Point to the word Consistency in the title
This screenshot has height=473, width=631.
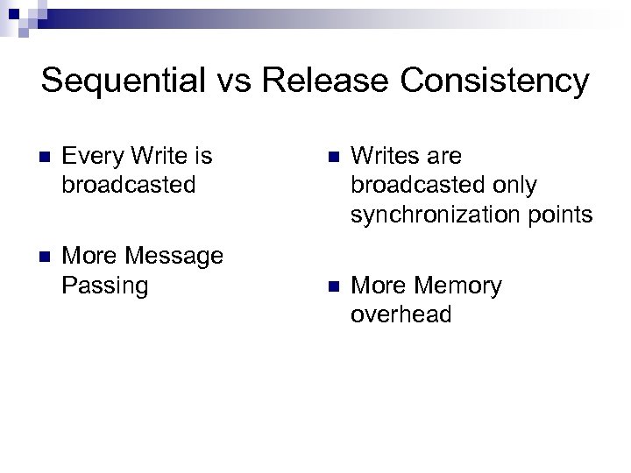point(494,81)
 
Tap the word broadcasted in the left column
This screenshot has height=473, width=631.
point(128,186)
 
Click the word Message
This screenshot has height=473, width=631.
point(174,257)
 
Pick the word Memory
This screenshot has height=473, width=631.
point(457,286)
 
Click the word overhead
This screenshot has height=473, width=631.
point(401,315)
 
